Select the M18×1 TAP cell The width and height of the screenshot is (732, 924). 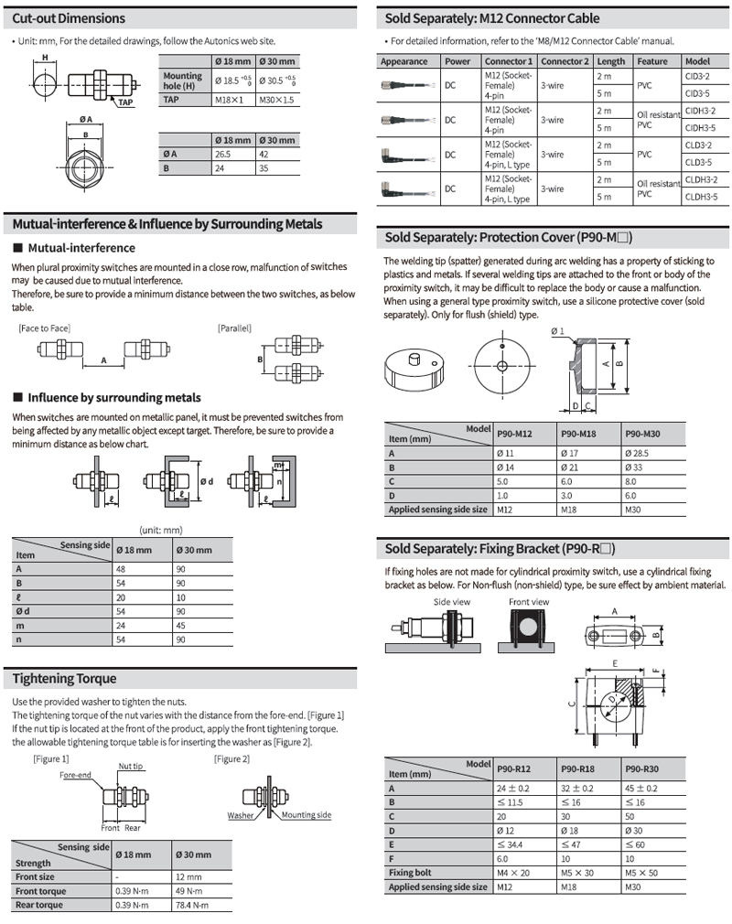click(228, 99)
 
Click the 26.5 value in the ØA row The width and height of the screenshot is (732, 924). click(223, 154)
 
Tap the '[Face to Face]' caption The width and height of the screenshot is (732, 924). click(44, 328)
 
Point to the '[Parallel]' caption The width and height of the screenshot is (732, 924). click(234, 328)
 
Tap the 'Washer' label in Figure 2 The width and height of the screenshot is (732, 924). click(241, 815)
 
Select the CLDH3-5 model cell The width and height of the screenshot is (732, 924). click(701, 196)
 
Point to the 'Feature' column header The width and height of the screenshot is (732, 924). click(652, 61)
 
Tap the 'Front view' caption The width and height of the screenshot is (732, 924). click(529, 601)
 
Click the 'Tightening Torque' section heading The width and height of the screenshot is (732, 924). click(65, 679)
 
